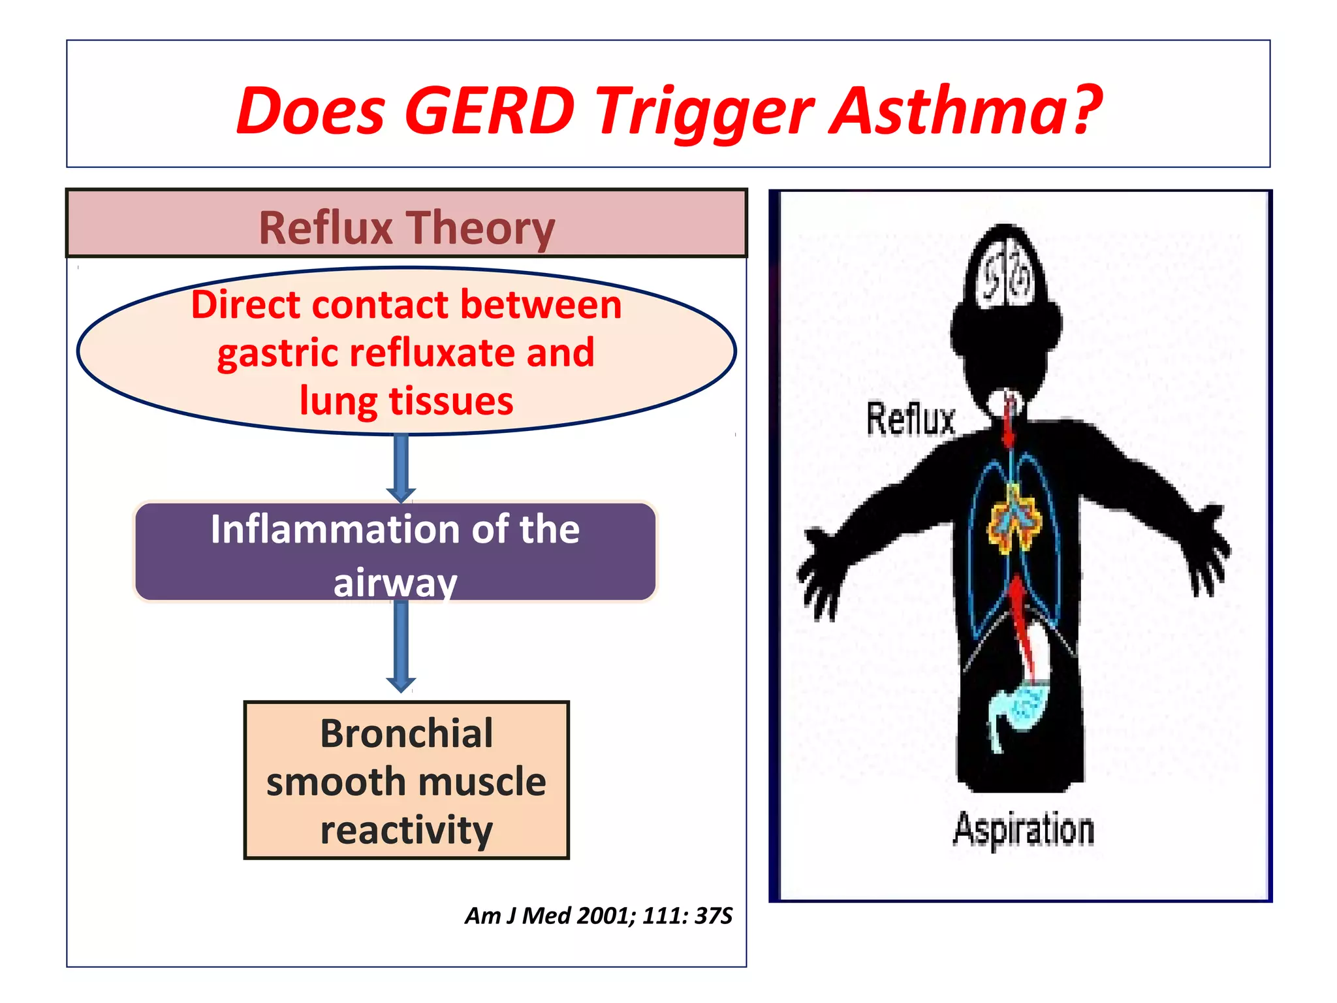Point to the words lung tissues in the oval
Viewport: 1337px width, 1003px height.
[406, 400]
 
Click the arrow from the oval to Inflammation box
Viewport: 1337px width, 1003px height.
[401, 468]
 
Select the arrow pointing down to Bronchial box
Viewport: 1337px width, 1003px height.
[401, 646]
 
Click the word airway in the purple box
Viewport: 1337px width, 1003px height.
[395, 581]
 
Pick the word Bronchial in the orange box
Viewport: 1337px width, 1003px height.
[406, 733]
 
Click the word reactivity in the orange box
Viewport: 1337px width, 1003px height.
[406, 830]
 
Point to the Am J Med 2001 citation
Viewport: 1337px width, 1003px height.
[598, 915]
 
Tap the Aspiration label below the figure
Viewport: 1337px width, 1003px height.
[1023, 829]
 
